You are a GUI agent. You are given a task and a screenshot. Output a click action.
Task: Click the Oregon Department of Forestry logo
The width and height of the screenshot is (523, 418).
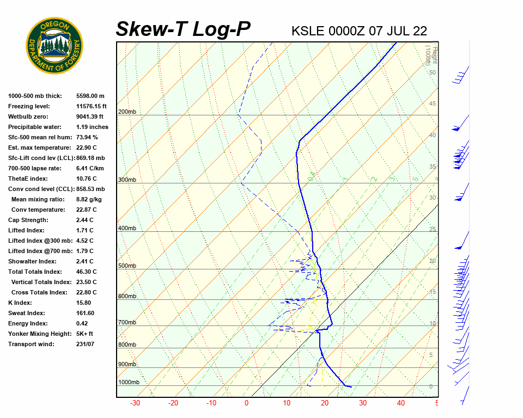pyautogui.click(x=54, y=46)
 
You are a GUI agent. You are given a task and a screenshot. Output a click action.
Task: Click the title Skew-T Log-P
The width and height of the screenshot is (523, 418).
pyautogui.click(x=183, y=29)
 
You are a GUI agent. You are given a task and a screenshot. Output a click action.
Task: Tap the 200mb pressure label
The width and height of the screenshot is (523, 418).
pyautogui.click(x=127, y=112)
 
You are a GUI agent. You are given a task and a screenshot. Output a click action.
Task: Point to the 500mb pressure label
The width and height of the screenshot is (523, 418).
pyautogui.click(x=127, y=266)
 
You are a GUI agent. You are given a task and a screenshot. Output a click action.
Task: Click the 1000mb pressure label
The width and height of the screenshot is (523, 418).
pyautogui.click(x=129, y=383)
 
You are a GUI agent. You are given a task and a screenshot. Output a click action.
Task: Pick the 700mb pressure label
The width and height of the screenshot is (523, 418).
pyautogui.click(x=127, y=323)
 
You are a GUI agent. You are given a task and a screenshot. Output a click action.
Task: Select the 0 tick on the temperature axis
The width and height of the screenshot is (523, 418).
pyautogui.click(x=246, y=403)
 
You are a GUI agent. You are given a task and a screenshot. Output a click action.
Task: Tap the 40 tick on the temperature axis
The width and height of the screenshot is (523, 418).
pyautogui.click(x=401, y=403)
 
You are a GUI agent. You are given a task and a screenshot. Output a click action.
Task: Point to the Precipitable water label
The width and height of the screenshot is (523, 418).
pyautogui.click(x=35, y=127)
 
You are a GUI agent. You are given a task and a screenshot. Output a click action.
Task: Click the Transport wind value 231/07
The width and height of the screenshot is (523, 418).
pyautogui.click(x=85, y=345)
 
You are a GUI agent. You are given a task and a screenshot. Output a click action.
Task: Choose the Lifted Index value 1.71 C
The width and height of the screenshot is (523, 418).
pyautogui.click(x=84, y=231)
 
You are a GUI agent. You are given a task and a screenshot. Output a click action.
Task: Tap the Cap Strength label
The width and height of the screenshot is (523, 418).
pyautogui.click(x=28, y=220)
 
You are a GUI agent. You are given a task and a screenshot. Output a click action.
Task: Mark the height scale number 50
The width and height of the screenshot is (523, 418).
pyautogui.click(x=432, y=72)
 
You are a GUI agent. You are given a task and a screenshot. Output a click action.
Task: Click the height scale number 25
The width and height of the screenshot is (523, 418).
pyautogui.click(x=433, y=229)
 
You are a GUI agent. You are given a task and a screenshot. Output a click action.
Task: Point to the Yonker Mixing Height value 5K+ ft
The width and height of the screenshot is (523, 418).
pyautogui.click(x=85, y=334)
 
